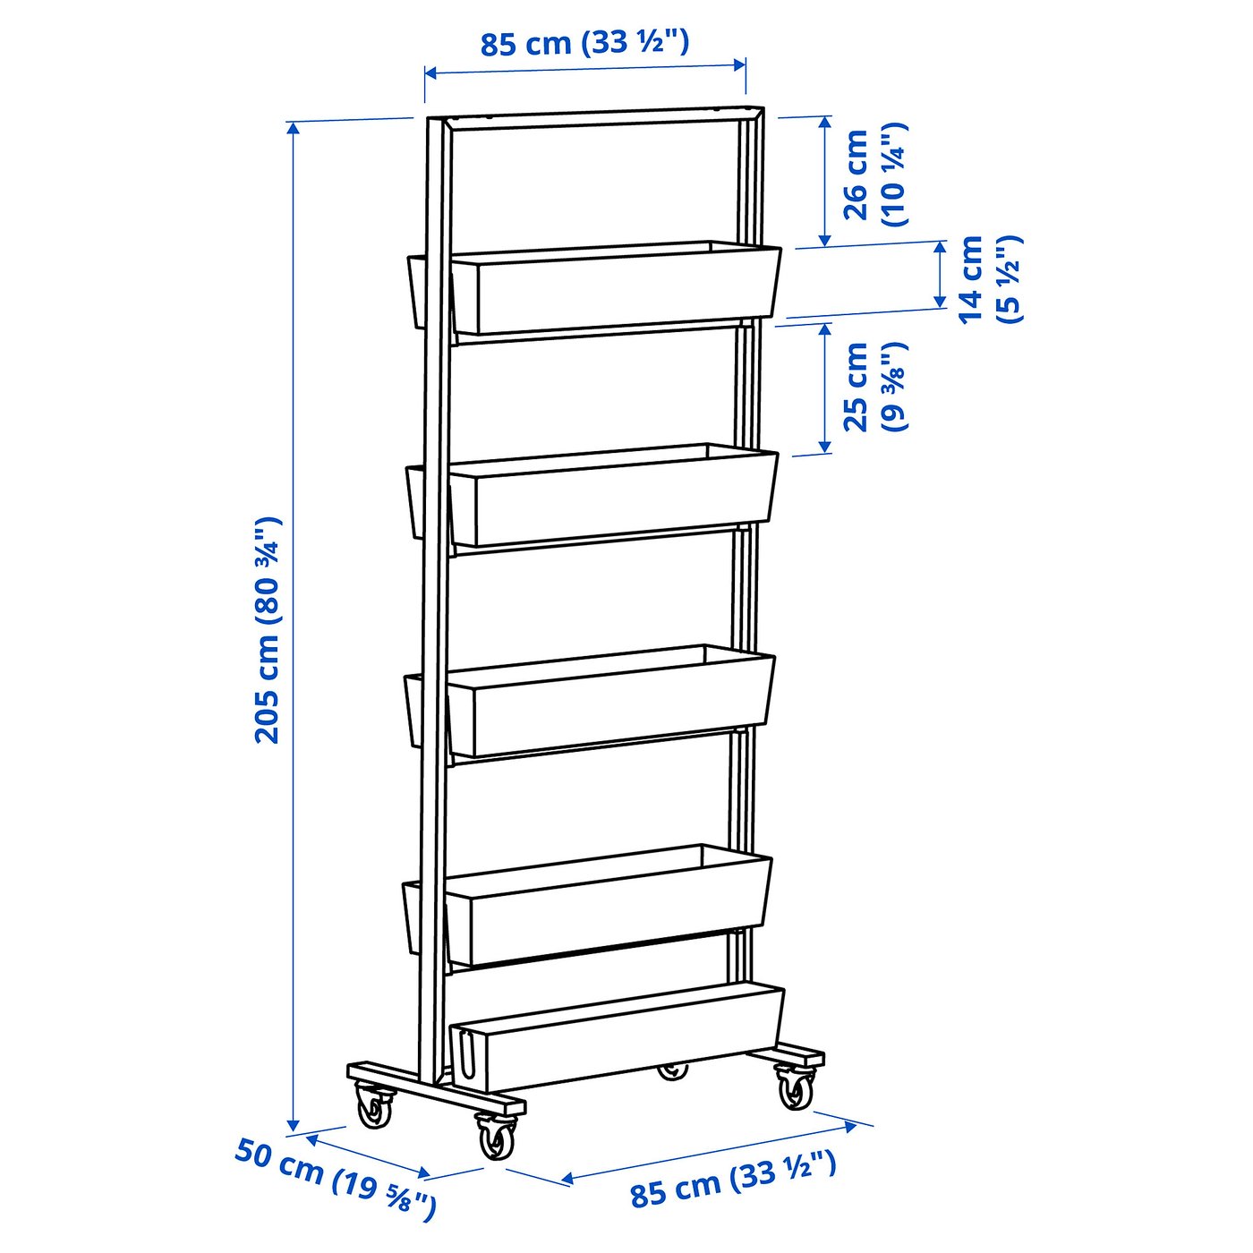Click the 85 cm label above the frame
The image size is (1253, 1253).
584,42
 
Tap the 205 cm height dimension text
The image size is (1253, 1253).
268,630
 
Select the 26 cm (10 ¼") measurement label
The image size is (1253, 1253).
874,175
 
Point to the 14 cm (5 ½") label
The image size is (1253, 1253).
989,279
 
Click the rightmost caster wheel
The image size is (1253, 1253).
794,1087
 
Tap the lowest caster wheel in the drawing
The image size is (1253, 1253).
495,1137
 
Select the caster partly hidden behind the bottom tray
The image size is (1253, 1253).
673,1070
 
